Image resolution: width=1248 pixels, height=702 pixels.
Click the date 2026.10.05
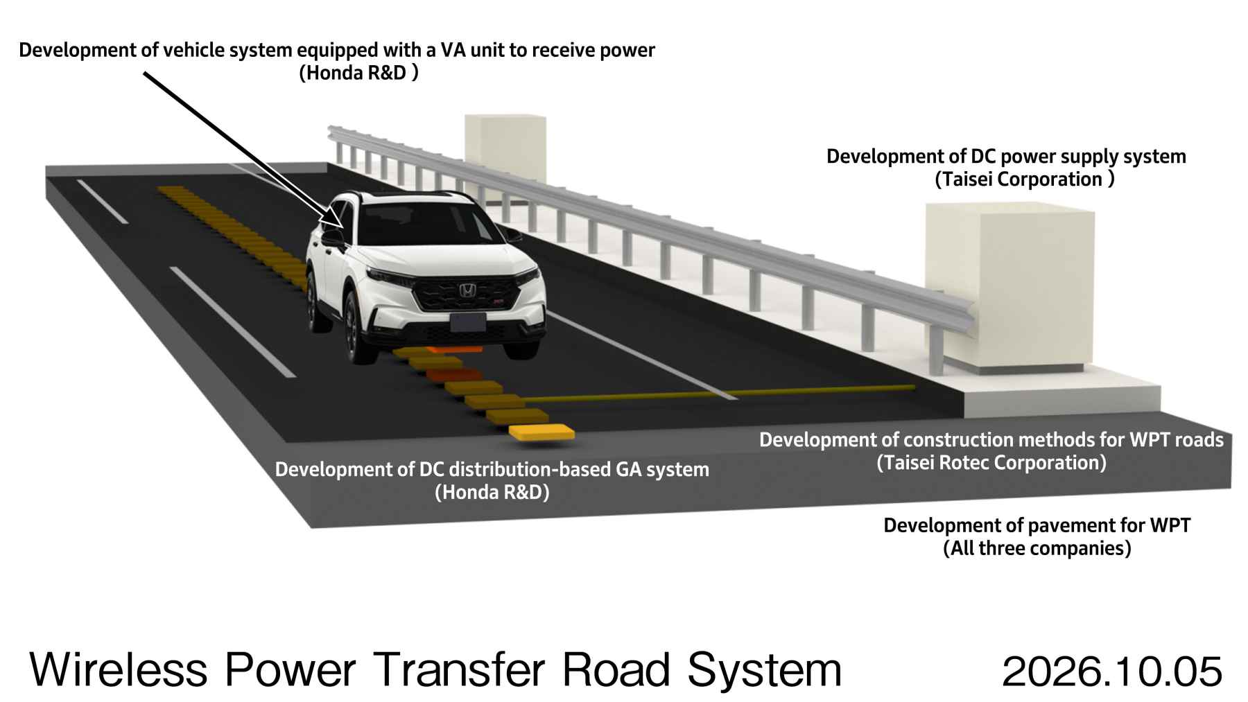coord(1112,672)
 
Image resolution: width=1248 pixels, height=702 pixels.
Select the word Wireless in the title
coord(119,670)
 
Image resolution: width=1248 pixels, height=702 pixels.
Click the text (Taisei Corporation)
coord(1025,179)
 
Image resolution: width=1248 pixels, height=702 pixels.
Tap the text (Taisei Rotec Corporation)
coord(991,462)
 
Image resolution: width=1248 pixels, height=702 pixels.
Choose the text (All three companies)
coord(1037,548)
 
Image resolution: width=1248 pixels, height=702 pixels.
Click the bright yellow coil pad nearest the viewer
coord(541,432)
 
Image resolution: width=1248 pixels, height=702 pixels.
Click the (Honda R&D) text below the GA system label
coord(492,493)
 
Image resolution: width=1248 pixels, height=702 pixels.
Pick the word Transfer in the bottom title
coord(458,670)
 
